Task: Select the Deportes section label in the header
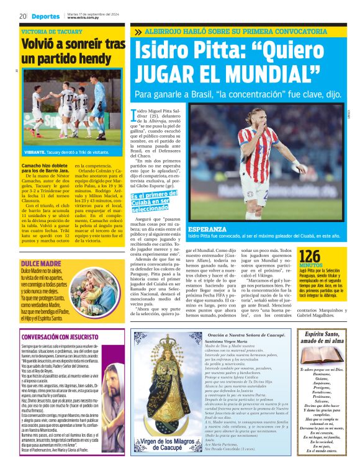47,16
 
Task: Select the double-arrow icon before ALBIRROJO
137,31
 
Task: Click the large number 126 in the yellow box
310,255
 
